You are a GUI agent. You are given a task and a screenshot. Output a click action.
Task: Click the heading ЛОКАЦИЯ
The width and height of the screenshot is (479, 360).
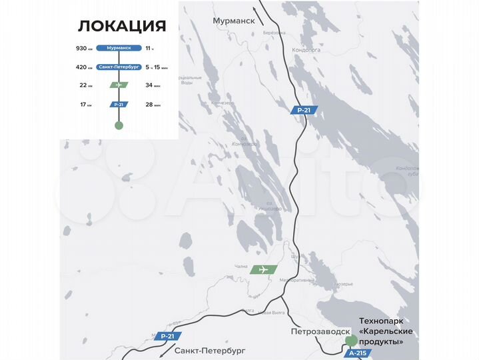(x=121, y=26)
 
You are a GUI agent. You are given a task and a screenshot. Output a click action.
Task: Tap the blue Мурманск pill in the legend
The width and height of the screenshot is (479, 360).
(x=119, y=48)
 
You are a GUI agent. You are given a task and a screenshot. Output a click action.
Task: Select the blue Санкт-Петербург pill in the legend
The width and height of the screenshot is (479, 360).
(x=119, y=67)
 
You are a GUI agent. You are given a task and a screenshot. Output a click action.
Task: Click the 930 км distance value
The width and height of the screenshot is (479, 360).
(x=83, y=49)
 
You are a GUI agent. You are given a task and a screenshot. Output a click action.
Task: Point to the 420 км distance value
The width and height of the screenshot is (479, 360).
(x=83, y=67)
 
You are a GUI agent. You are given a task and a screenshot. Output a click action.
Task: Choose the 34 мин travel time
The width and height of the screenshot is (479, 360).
(x=153, y=85)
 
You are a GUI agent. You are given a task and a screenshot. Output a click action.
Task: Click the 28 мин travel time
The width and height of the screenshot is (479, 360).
(x=153, y=105)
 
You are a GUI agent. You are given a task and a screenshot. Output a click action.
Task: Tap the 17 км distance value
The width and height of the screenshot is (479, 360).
(x=85, y=105)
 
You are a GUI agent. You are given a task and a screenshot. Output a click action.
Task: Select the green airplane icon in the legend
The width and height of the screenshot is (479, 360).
(x=119, y=85)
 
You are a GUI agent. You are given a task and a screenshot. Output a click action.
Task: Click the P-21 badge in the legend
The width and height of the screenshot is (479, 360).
(x=119, y=105)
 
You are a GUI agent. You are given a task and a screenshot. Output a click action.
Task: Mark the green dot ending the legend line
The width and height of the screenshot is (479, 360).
(x=119, y=125)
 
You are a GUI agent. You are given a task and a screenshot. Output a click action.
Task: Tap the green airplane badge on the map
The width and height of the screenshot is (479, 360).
(x=264, y=269)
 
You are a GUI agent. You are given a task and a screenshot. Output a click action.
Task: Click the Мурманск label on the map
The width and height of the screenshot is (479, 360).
(x=234, y=21)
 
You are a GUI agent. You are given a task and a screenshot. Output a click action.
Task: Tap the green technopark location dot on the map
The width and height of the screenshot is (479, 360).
(x=350, y=341)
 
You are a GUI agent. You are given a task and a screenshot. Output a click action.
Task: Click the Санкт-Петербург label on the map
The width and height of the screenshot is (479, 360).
(x=211, y=349)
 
